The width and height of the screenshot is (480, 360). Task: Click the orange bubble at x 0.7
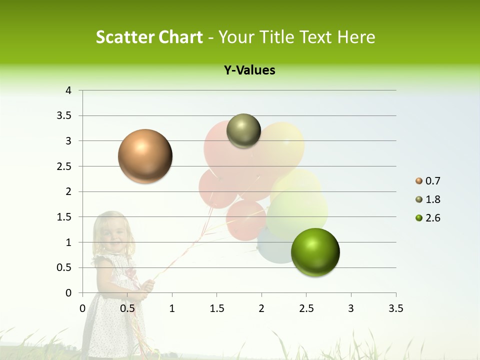pyautogui.click(x=145, y=156)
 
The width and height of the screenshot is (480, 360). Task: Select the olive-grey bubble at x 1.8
pyautogui.click(x=243, y=130)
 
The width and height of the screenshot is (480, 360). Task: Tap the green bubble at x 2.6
pyautogui.click(x=315, y=252)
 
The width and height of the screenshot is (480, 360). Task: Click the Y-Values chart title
pyautogui.click(x=249, y=70)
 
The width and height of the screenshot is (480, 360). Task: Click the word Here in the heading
pyautogui.click(x=356, y=37)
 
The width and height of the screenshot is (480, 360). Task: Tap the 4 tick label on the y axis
pyautogui.click(x=69, y=90)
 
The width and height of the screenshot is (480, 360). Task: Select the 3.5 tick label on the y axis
pyautogui.click(x=65, y=115)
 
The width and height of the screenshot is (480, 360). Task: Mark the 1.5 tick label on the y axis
pyautogui.click(x=65, y=217)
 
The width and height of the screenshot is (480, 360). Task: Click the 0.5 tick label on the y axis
pyautogui.click(x=65, y=267)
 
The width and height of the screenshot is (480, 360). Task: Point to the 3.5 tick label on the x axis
pyautogui.click(x=395, y=308)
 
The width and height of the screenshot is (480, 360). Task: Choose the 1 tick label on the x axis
pyautogui.click(x=172, y=308)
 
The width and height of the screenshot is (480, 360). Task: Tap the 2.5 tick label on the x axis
pyautogui.click(x=306, y=308)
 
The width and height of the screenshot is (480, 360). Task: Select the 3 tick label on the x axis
pyautogui.click(x=351, y=308)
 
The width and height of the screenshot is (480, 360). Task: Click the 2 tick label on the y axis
pyautogui.click(x=69, y=191)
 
